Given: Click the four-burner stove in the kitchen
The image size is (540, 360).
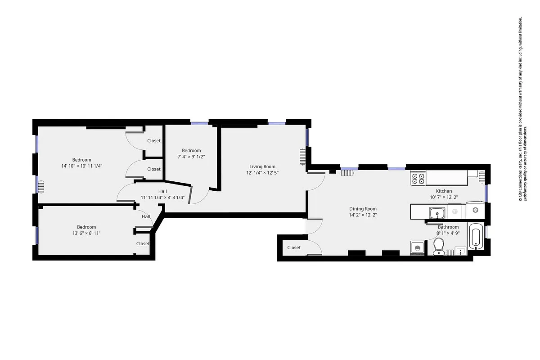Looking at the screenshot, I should click(418, 179).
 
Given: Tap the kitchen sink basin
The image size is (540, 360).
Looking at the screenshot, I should click(436, 212).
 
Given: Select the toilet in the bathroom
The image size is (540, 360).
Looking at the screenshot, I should click(439, 247).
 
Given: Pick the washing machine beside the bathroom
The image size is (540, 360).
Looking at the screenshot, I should click(417, 248).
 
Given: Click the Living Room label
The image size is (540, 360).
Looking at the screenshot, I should click(262, 166).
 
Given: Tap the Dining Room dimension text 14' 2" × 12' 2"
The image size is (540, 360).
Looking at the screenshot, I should click(363, 215).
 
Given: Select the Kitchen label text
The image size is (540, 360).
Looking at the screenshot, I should click(444, 191).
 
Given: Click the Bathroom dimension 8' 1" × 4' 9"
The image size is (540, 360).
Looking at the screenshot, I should click(448, 233).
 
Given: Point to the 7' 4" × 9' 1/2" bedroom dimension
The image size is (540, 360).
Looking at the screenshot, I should click(191, 157).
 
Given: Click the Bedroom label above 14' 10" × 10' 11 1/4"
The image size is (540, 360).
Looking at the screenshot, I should click(81, 160).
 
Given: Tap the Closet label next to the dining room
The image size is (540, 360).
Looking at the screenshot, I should click(294, 247).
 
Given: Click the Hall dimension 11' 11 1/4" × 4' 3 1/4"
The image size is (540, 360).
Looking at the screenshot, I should click(162, 197).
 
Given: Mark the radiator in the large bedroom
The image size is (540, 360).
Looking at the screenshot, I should click(40, 186).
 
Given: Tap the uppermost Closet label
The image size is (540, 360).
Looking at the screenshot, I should click(153, 141).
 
